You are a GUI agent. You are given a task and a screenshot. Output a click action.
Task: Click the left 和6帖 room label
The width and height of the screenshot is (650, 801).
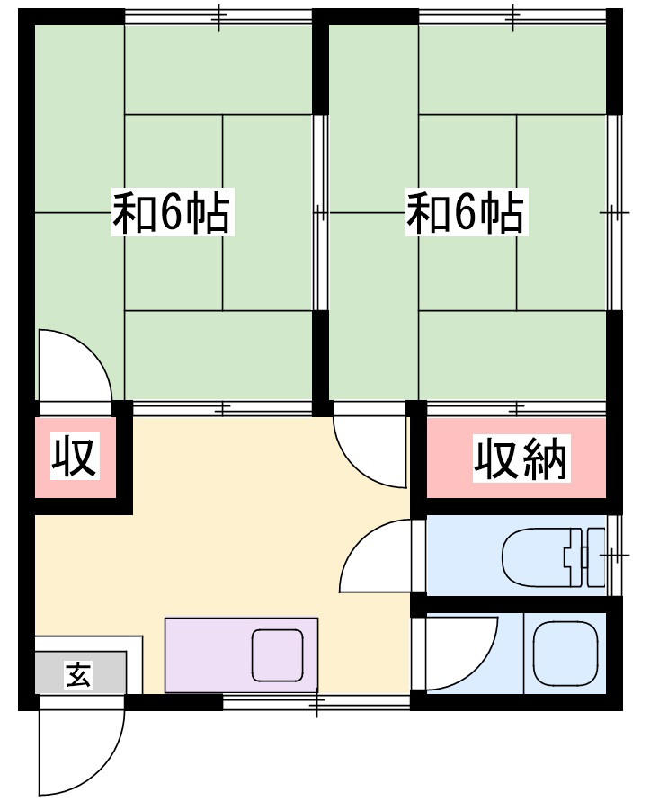point(173,212)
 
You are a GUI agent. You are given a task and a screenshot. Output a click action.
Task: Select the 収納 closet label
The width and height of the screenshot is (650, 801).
point(521,458)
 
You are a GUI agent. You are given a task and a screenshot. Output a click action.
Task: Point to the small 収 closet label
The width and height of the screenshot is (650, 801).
point(75,456)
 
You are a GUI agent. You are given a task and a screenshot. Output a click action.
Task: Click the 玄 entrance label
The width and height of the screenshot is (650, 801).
point(78,674)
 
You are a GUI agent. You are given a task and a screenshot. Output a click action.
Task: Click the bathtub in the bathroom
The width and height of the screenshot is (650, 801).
point(565,654)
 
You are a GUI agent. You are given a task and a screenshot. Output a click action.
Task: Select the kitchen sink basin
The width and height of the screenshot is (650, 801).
point(278,655)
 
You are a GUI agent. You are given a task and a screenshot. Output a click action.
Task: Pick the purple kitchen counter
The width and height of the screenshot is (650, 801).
point(241,655)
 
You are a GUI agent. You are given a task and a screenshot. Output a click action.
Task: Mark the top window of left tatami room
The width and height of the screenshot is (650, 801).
point(218,17)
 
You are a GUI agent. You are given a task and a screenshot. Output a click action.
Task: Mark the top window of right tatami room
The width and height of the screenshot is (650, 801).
point(512,17)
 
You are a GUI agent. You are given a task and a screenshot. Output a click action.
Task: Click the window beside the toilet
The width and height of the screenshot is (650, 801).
point(614,556)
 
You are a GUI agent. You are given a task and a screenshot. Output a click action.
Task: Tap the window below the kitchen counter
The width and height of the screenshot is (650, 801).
point(316,702)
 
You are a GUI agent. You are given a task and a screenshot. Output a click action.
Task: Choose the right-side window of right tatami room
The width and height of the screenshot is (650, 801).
point(614,212)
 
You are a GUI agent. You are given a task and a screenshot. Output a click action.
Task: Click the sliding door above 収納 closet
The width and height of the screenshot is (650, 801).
point(517,408)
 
